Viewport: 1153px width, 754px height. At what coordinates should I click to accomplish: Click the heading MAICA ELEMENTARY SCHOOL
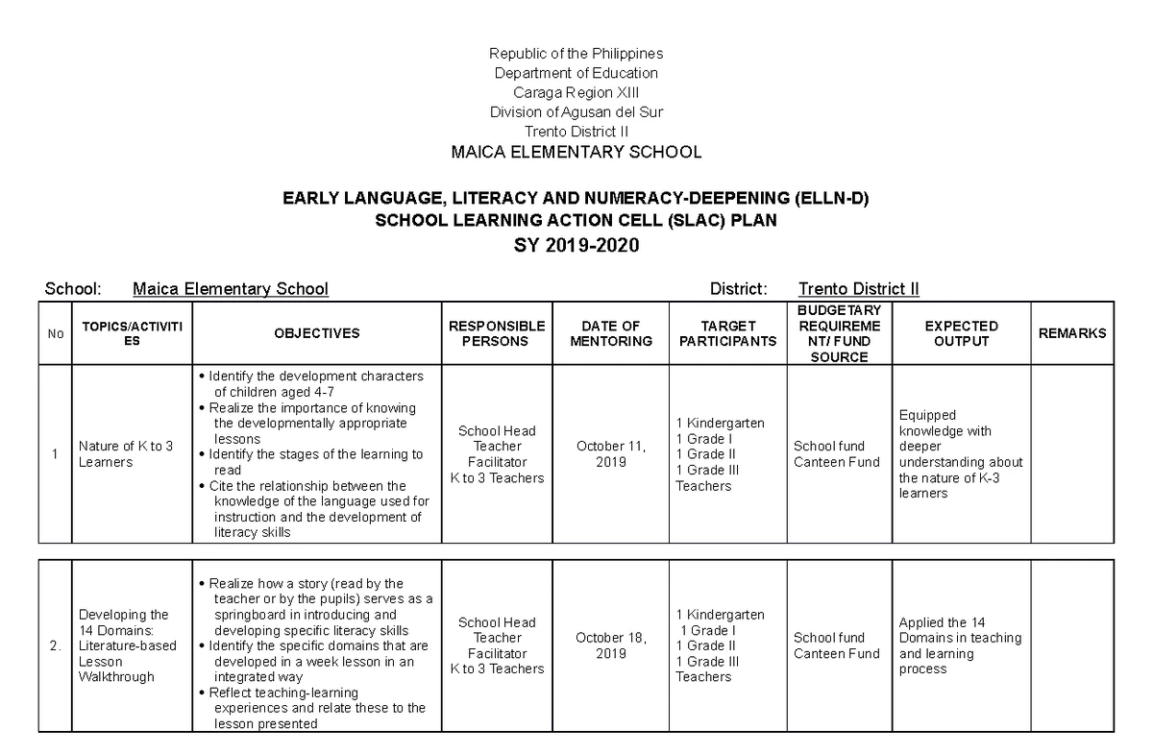[x=576, y=152]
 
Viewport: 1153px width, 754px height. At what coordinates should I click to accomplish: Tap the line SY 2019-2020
[x=576, y=247]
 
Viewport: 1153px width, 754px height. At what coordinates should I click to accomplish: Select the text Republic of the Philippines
[x=576, y=53]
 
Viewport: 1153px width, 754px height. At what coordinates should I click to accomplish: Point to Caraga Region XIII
[x=576, y=92]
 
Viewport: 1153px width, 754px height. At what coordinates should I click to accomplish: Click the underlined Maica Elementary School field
[x=231, y=289]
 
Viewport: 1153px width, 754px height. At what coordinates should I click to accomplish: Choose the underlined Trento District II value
[x=858, y=289]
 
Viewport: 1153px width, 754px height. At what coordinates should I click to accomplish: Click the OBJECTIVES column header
[x=317, y=333]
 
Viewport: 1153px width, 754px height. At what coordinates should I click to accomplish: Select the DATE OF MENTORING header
[x=611, y=333]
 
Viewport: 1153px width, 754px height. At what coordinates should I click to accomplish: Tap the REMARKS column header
[x=1072, y=333]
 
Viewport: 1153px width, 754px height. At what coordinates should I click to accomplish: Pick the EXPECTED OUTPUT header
[x=961, y=333]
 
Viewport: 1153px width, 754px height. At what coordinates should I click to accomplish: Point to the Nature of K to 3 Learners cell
[x=126, y=453]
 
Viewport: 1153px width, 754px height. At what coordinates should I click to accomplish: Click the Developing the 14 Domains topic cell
[x=128, y=645]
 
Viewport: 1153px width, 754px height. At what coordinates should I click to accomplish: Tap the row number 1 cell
[x=55, y=453]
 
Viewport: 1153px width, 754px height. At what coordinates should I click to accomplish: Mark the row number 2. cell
[x=55, y=645]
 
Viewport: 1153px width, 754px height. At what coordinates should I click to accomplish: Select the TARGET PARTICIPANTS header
[x=727, y=333]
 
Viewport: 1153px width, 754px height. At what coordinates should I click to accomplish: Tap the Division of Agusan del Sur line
[x=576, y=111]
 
